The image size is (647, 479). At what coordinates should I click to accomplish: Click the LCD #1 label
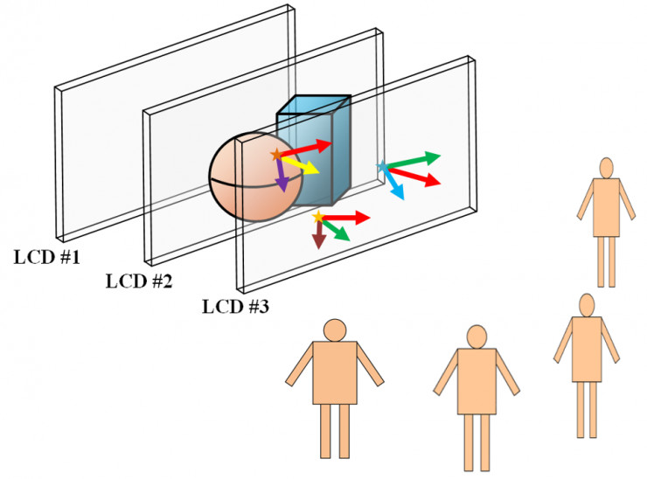pos(47,258)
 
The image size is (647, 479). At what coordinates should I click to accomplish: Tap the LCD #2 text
pos(139,281)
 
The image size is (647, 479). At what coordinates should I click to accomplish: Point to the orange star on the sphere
pos(277,155)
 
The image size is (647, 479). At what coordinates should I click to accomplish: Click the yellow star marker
pos(318,216)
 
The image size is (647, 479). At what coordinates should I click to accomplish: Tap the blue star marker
pos(381,165)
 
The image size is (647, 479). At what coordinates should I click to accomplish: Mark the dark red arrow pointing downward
pos(319,233)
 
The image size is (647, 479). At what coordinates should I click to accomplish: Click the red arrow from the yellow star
pos(346,216)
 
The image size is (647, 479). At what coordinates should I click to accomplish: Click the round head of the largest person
pos(336,330)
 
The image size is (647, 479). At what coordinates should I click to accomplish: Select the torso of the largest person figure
pos(335,372)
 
